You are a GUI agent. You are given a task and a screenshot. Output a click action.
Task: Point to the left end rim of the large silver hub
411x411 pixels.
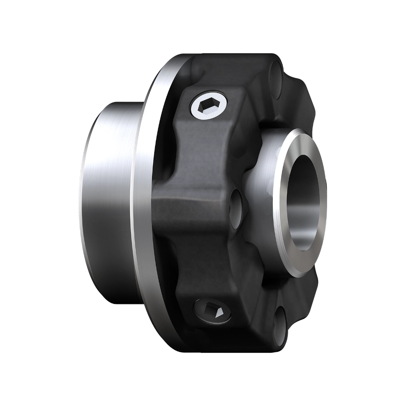(81, 201)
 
